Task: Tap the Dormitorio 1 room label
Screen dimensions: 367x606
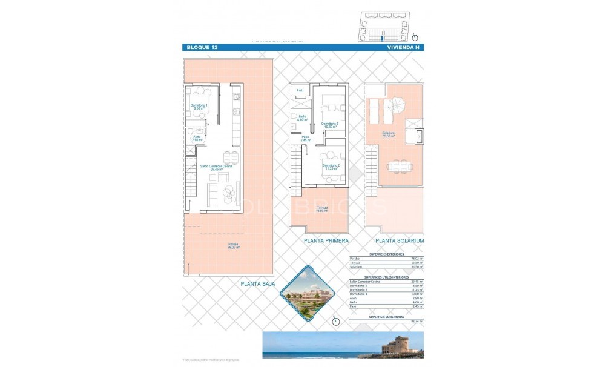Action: click(199, 107)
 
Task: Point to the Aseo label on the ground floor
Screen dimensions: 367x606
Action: click(197, 138)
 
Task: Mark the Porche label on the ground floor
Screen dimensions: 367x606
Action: click(233, 246)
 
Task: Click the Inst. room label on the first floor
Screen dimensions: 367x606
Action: click(299, 91)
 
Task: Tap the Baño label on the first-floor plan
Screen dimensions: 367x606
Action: click(302, 118)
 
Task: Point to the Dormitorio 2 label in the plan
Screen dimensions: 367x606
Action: click(331, 167)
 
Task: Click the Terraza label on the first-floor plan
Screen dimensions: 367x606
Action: click(321, 210)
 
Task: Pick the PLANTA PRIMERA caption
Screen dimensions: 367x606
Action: click(327, 240)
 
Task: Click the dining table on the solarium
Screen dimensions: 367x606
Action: click(398, 165)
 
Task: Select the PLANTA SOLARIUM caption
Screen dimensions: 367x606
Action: click(400, 240)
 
